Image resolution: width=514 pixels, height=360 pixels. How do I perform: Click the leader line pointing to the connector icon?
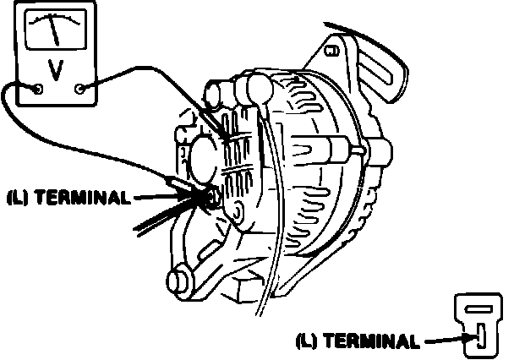click(444, 341)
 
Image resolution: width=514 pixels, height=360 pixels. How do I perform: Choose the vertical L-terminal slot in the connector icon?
click(478, 335)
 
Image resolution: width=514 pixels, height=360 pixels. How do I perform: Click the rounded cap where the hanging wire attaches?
click(256, 87)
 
